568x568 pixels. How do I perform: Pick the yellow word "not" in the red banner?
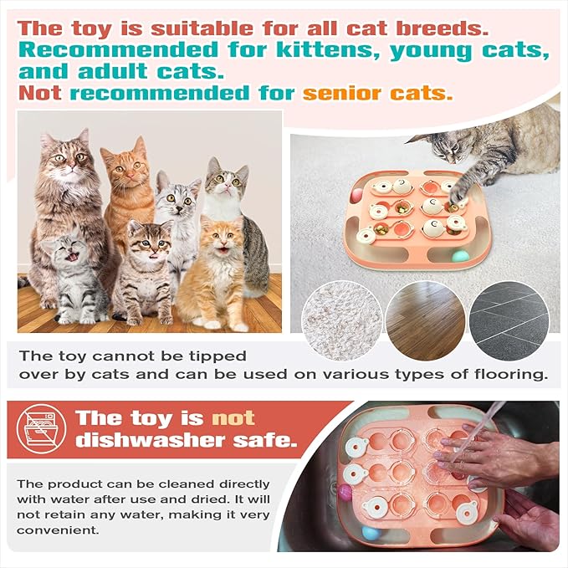point(232,418)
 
